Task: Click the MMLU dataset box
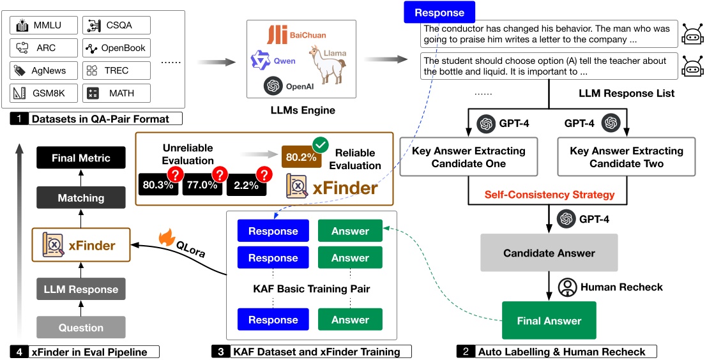44,26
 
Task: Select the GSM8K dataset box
44,93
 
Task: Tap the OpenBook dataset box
116,48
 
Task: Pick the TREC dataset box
116,70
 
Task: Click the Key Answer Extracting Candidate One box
469,157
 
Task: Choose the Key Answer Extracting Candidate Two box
627,157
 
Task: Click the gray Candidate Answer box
549,253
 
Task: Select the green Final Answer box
549,320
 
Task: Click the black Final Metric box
81,158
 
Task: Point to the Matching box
81,198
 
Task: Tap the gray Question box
81,327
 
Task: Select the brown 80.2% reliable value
302,156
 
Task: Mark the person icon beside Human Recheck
567,287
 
